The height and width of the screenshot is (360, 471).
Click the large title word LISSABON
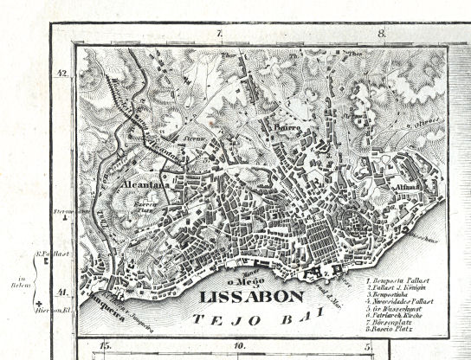tap(251, 297)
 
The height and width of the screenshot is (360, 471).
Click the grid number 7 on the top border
tap(220, 34)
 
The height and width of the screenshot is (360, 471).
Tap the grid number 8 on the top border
tap(381, 34)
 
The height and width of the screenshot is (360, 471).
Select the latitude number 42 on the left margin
tap(61, 74)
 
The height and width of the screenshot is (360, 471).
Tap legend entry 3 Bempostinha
tap(397, 295)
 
